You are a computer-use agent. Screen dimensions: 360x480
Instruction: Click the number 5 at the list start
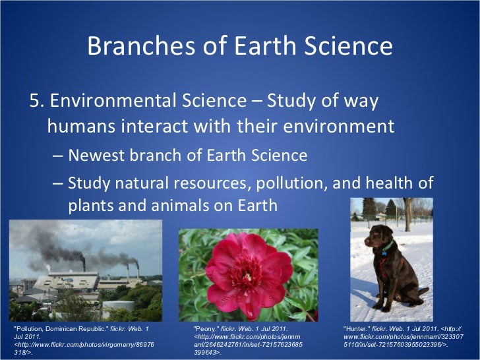point(35,101)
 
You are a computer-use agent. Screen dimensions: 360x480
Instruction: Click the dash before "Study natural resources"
point(57,182)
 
